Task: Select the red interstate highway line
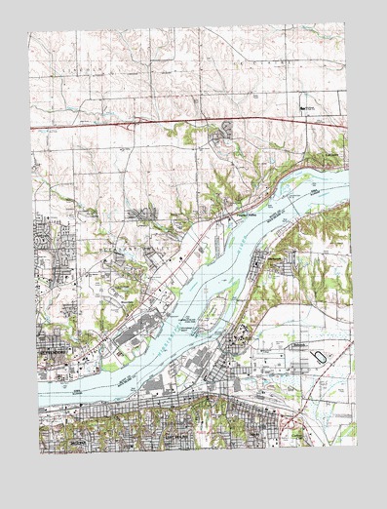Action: click(195, 121)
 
